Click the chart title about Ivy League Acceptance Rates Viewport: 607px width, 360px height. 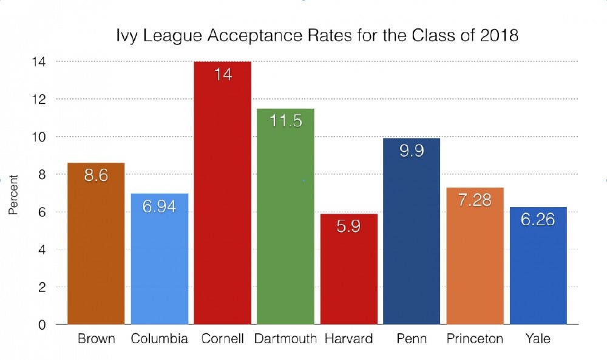317,36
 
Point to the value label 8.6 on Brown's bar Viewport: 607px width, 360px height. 96,180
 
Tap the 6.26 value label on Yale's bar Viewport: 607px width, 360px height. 538,219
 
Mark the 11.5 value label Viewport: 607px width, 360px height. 285,121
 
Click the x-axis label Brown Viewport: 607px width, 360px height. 96,339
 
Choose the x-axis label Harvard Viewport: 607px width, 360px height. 348,339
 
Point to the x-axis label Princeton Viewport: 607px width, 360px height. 475,339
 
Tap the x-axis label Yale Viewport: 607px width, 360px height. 538,339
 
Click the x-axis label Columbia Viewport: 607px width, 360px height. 159,339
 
